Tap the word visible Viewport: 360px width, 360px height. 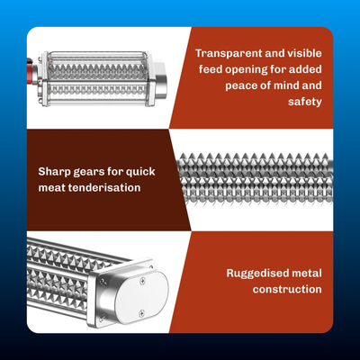click(304, 53)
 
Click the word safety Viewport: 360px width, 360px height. click(305, 102)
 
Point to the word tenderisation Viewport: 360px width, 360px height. click(104, 188)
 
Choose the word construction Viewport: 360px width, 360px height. click(287, 289)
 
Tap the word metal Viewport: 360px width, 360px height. click(307, 273)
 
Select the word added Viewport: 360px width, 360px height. click(307, 69)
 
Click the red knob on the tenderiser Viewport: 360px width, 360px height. click(30, 72)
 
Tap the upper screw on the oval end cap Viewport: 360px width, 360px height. click(141, 281)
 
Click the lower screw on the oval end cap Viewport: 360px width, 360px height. click(141, 313)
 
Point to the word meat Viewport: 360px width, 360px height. click(51, 188)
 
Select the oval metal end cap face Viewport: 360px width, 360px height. click(142, 297)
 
